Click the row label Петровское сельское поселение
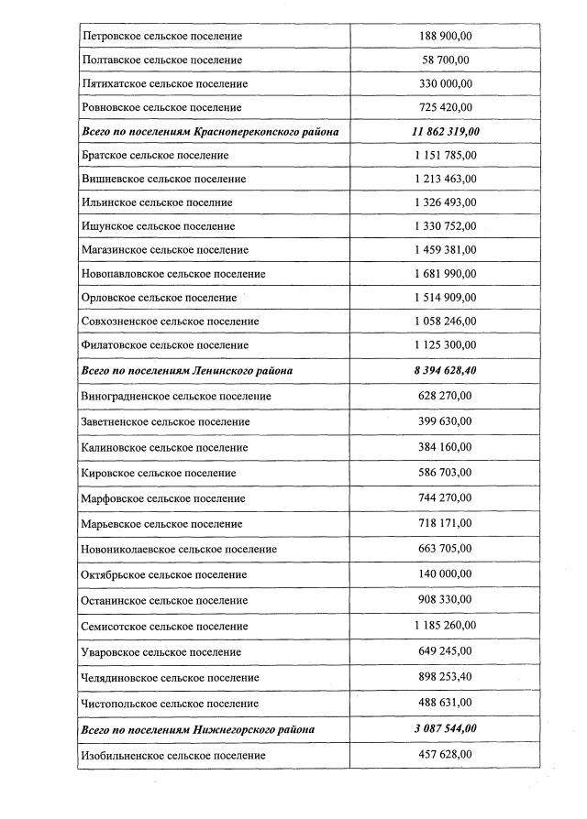click(x=162, y=37)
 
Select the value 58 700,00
click(x=446, y=60)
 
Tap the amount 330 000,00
click(x=446, y=84)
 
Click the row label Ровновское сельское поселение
click(x=162, y=108)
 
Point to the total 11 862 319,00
click(x=446, y=132)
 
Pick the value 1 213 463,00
click(x=446, y=180)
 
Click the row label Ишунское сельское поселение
click(x=158, y=226)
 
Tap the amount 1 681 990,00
click(x=446, y=274)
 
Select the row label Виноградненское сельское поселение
click(x=176, y=396)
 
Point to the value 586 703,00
click(x=446, y=473)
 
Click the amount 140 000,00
click(x=446, y=574)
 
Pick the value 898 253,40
click(x=446, y=677)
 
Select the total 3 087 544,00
click(x=446, y=729)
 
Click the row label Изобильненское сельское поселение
click(x=173, y=755)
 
